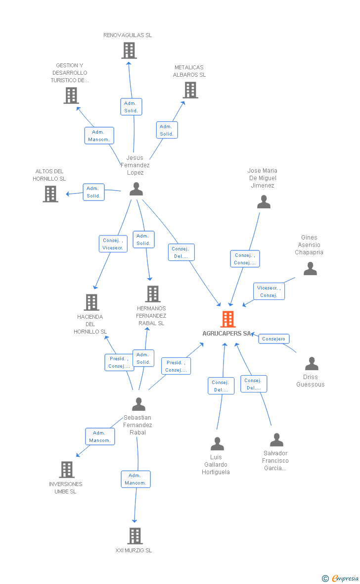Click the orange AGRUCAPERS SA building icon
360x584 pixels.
228,319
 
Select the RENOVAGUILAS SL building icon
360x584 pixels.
129,50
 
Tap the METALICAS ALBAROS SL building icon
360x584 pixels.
190,90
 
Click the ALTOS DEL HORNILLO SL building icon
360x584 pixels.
50,194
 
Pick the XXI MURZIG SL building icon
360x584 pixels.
135,536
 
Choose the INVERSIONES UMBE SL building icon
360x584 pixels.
67,470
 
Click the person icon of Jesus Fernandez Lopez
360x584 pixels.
136,189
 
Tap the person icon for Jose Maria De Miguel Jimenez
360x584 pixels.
264,201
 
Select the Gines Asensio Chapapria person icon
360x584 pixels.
310,269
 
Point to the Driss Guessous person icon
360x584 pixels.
312,363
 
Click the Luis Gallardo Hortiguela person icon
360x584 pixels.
218,443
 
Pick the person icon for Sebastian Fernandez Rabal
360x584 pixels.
139,404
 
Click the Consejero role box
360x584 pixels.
273,339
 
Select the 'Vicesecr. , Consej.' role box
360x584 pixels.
269,291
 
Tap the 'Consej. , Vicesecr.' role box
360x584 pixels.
113,243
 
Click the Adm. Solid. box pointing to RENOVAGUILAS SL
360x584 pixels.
131,107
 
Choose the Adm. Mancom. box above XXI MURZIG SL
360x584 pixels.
135,479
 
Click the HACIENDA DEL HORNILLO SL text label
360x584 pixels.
90,324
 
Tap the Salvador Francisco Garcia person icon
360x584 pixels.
276,439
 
